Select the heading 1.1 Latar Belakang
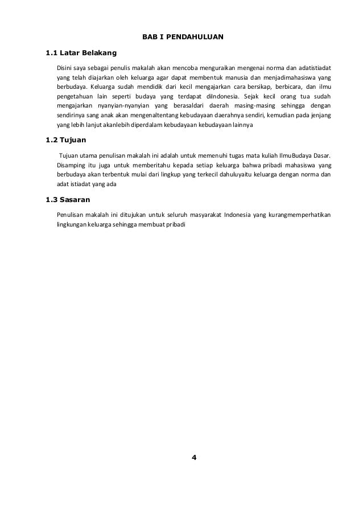click(81, 54)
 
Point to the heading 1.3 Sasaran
click(70, 200)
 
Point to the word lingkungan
click(71, 224)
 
